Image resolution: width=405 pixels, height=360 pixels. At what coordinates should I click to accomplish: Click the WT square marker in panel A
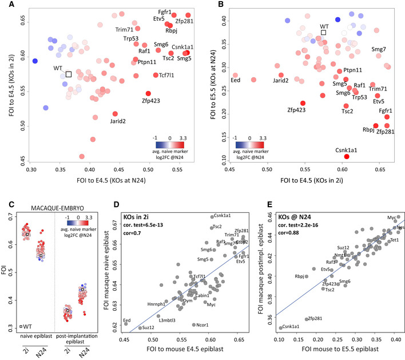[x=68, y=74]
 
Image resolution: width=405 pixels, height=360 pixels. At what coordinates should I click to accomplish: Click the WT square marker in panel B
[x=323, y=33]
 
